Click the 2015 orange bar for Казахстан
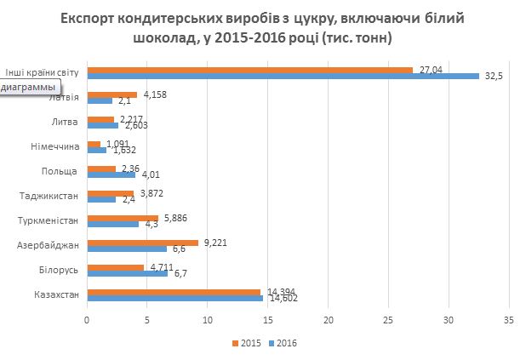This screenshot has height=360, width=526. click(x=173, y=292)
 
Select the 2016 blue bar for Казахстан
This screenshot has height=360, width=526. click(x=174, y=298)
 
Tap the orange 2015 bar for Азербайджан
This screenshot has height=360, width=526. click(x=142, y=243)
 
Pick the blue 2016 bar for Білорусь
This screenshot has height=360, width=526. click(x=127, y=273)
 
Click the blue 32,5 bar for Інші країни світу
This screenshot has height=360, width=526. click(x=283, y=76)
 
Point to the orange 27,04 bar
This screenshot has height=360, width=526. click(x=249, y=70)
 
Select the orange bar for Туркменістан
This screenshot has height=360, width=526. click(x=123, y=218)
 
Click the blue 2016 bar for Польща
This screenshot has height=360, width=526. click(x=111, y=174)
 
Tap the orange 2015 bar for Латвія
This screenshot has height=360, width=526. click(x=111, y=94)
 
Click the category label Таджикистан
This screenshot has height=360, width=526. click(x=49, y=197)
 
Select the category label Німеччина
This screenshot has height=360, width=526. click(x=53, y=147)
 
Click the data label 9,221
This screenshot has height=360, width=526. click(x=216, y=243)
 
